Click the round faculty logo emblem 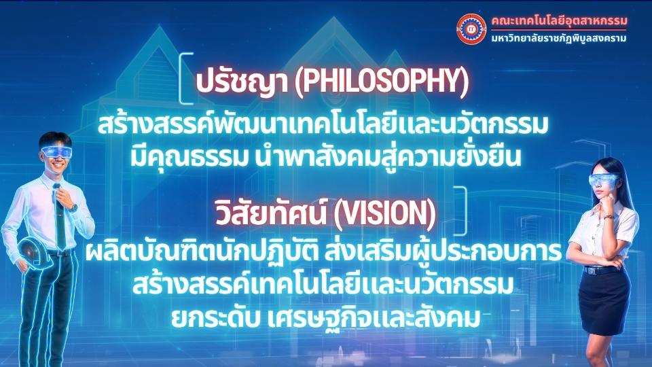point(471,29)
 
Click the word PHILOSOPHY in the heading point(381,81)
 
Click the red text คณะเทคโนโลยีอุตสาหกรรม point(559,20)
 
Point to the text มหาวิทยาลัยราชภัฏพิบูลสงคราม point(558,39)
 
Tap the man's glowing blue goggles point(56,152)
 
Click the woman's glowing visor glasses point(603,180)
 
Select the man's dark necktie point(60,216)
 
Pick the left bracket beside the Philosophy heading point(185,78)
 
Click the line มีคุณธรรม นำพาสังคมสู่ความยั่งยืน point(325,157)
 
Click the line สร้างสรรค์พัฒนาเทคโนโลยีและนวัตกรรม point(323,124)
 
